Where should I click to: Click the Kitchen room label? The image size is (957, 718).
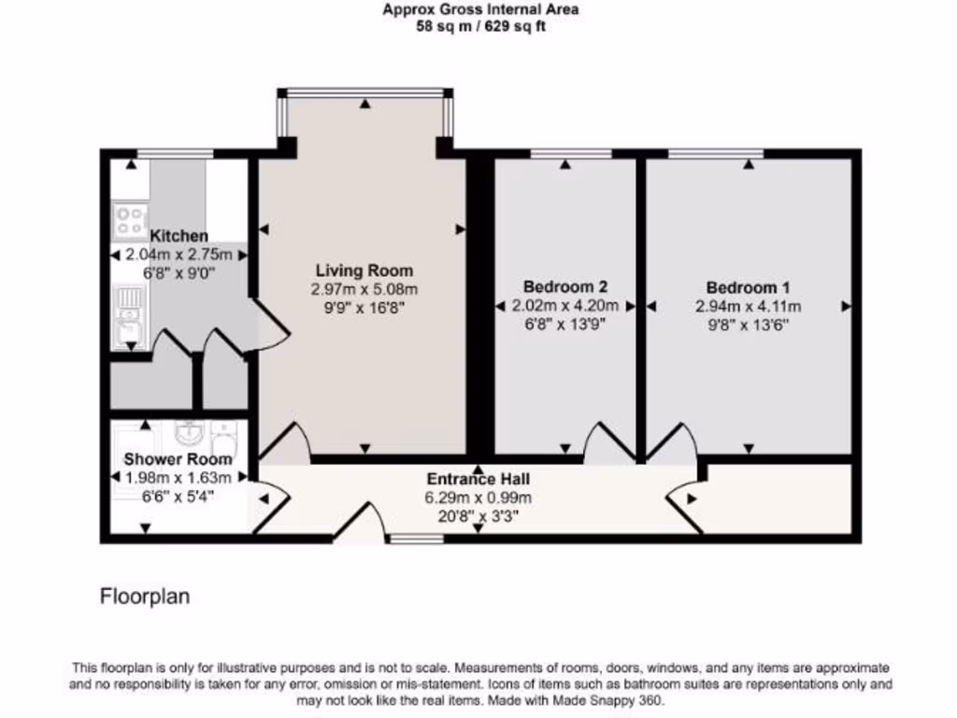point(179,237)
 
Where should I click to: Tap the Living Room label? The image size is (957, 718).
point(364,270)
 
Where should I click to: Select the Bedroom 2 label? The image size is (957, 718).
point(565,287)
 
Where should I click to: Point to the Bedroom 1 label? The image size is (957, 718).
point(749,287)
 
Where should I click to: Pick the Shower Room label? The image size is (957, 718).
point(178,460)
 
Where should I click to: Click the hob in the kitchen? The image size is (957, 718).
point(128,220)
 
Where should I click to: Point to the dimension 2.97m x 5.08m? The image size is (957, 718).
point(364,289)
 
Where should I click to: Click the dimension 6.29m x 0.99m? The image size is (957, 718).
point(478,496)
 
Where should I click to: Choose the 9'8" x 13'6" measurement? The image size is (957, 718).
point(749,324)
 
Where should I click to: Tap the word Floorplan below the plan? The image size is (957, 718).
point(145,596)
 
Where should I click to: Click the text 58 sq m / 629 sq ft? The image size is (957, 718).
point(480,26)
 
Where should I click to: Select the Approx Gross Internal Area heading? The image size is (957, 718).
point(480,10)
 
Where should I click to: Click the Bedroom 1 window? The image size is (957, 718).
point(715,153)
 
